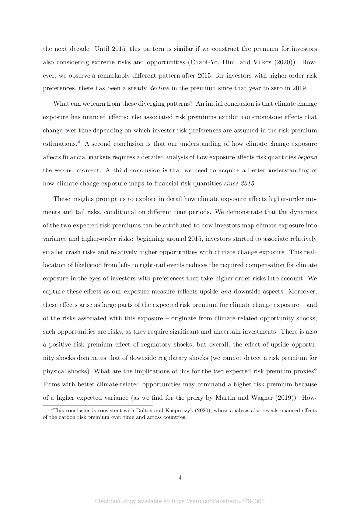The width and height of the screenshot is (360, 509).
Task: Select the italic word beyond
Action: coord(307,157)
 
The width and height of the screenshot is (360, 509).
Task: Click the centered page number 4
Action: coord(180,478)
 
